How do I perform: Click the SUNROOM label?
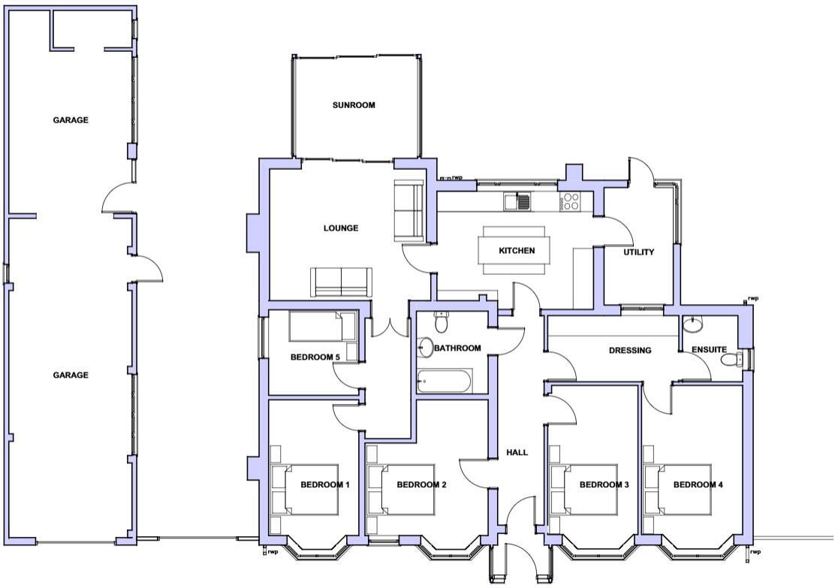pyautogui.click(x=353, y=105)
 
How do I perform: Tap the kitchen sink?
pyautogui.click(x=517, y=201)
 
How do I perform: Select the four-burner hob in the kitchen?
pyautogui.click(x=570, y=201)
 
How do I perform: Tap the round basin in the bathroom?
pyautogui.click(x=426, y=347)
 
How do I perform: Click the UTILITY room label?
pyautogui.click(x=639, y=252)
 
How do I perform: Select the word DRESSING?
pyautogui.click(x=629, y=350)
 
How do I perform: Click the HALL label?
pyautogui.click(x=517, y=452)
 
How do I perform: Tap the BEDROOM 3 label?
pyautogui.click(x=604, y=485)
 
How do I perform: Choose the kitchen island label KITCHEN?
pyautogui.click(x=517, y=251)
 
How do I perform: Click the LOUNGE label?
pyautogui.click(x=341, y=228)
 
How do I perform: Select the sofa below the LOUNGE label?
pyautogui.click(x=341, y=282)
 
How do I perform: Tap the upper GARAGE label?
pyautogui.click(x=71, y=120)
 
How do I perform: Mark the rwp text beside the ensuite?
pyautogui.click(x=753, y=298)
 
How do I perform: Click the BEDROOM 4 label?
pyautogui.click(x=698, y=485)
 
